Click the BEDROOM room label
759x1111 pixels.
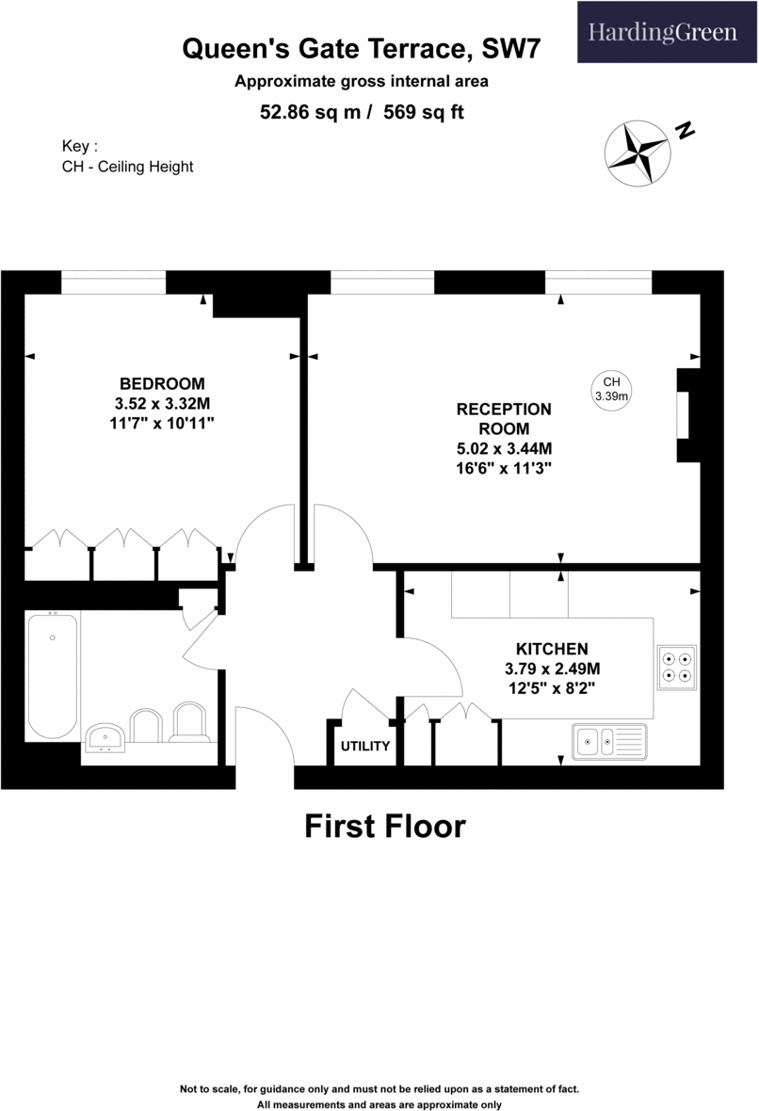[162, 383]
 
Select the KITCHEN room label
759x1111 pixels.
[552, 649]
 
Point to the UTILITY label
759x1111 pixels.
[365, 747]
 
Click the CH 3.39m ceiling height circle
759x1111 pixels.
[611, 389]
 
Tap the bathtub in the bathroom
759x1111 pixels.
[52, 673]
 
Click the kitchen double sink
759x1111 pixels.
[608, 741]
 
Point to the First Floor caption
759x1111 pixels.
[385, 826]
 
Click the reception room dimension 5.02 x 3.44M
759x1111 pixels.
[504, 448]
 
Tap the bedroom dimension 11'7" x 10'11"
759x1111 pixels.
[162, 423]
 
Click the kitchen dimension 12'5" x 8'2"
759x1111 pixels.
[552, 688]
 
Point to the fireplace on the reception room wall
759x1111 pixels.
[686, 414]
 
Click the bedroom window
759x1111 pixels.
[113, 282]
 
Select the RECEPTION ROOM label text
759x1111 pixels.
[504, 418]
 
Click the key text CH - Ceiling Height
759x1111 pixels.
[127, 167]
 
